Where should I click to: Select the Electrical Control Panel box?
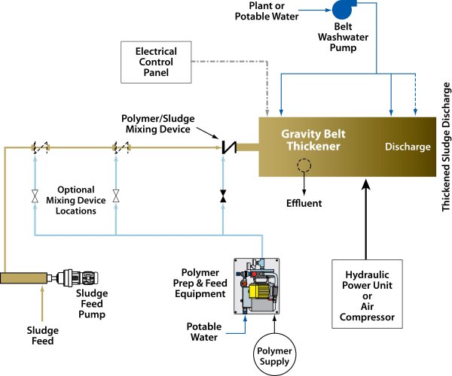pyautogui.click(x=156, y=62)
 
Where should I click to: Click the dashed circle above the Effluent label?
pyautogui.click(x=304, y=166)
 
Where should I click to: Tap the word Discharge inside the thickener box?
pyautogui.click(x=407, y=146)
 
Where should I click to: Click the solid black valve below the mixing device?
pyautogui.click(x=223, y=196)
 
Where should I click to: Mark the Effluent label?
pyautogui.click(x=304, y=203)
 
